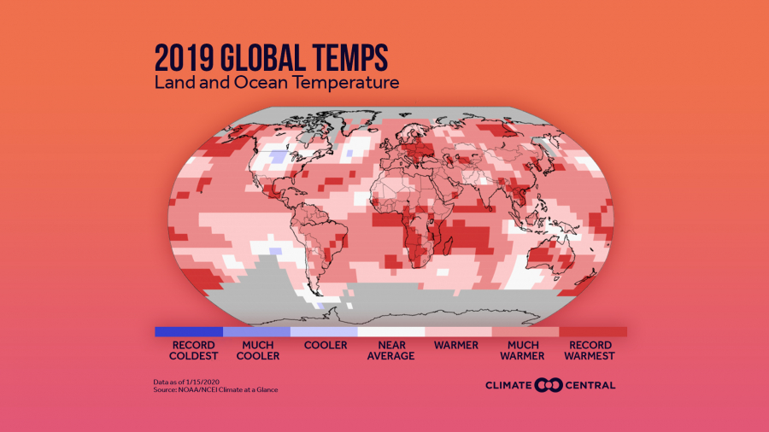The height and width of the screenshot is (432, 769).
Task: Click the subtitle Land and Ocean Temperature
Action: point(277,84)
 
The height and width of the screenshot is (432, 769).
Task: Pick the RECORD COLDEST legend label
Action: point(188,350)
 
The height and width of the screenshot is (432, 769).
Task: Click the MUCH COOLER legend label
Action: point(257,350)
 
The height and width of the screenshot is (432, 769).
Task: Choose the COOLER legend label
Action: point(326,345)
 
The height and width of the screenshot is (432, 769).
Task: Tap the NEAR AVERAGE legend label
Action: point(390,350)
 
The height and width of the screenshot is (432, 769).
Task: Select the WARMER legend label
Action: point(458,345)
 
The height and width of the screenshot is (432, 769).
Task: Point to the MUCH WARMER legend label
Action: point(525,350)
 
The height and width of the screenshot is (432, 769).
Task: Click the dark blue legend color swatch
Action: point(188,331)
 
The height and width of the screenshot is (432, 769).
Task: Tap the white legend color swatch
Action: point(390,331)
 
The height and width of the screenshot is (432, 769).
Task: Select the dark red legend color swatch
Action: point(593,331)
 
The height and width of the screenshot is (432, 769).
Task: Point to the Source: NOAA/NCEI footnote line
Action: point(216,390)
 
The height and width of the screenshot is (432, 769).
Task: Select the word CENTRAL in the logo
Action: point(589,385)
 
